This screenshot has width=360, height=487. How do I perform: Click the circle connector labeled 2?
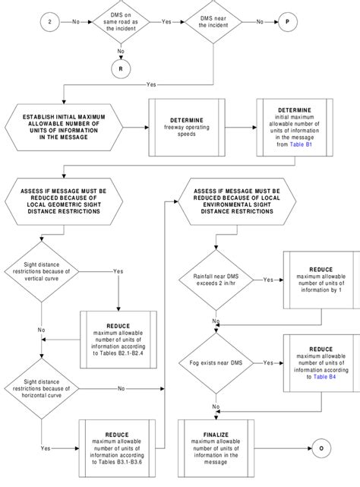[49, 23]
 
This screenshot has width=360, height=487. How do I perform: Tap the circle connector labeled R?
[119, 68]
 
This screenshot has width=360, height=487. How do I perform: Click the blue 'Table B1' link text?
[302, 143]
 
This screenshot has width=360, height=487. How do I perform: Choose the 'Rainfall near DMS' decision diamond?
[217, 280]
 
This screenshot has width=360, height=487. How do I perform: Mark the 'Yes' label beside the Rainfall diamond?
[268, 280]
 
